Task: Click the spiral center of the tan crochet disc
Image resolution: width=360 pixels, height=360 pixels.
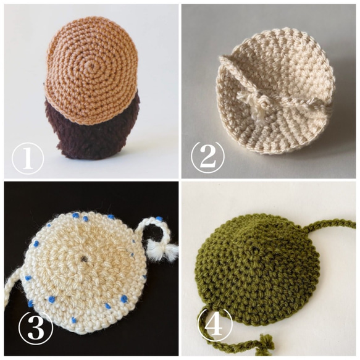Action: tap(92, 66)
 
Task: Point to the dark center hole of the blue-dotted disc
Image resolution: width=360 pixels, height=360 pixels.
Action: tap(83, 259)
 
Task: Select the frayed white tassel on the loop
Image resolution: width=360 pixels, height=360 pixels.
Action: tap(164, 252)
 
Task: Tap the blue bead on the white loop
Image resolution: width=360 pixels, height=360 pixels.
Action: tap(159, 219)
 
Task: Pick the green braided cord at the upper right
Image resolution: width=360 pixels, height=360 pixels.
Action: tap(330, 225)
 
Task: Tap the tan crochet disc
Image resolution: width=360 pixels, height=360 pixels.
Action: tap(92, 69)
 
